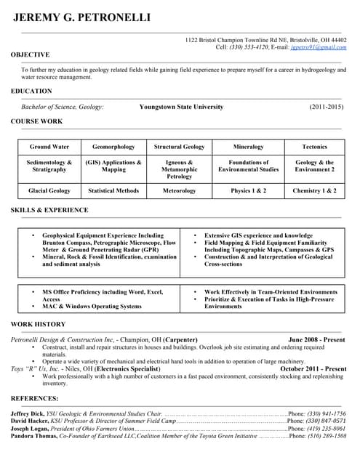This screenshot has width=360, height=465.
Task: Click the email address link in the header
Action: (x=318, y=46)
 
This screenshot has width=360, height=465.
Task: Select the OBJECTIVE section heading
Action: (x=31, y=54)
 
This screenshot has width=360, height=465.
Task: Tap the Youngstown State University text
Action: (x=181, y=107)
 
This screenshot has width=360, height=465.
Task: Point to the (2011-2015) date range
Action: (x=326, y=107)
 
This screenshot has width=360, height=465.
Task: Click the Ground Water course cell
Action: (x=49, y=146)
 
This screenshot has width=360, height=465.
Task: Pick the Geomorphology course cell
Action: (x=113, y=146)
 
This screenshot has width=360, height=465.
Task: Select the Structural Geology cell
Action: (x=180, y=146)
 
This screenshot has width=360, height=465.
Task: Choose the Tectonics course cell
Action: (x=314, y=146)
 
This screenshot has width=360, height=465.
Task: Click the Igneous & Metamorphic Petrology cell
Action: (x=180, y=169)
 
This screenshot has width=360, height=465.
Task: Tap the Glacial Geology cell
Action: (x=49, y=190)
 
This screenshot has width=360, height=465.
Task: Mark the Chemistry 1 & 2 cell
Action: (x=314, y=190)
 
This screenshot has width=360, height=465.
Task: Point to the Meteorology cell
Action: (x=180, y=190)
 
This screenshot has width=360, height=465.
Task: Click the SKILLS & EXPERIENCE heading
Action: (x=49, y=210)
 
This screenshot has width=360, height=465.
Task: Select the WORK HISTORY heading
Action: (x=39, y=324)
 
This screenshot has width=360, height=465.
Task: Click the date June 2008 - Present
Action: (x=317, y=339)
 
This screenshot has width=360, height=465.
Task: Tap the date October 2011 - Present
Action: (x=313, y=368)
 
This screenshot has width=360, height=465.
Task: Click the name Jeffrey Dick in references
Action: (x=27, y=413)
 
